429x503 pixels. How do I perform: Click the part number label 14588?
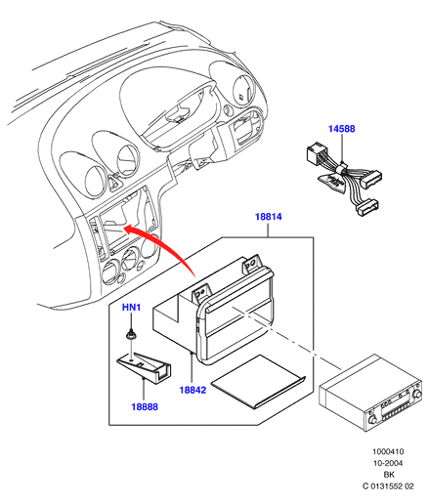pos(341,129)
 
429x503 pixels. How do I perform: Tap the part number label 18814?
pos(268,217)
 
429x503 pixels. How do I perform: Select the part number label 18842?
pos(193,390)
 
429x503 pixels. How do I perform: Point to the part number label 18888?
pos(145,406)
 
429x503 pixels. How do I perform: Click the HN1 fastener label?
pos(131,307)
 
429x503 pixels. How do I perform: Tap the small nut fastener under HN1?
pos(131,335)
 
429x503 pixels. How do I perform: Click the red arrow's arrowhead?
pos(130,230)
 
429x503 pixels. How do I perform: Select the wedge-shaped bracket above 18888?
pos(145,367)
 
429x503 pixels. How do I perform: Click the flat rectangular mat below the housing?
pos(258,381)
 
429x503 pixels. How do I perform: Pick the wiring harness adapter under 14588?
pos(344,179)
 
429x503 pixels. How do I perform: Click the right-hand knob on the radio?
pos(416,395)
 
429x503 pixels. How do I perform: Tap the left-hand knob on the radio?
pos(372,419)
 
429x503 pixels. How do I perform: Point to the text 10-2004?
pos(388,463)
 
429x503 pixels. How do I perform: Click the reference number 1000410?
pos(388,451)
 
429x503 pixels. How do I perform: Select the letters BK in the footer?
pos(389,475)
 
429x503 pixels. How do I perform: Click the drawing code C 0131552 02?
pos(388,486)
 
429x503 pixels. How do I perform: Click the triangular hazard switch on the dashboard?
pos(115,182)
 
